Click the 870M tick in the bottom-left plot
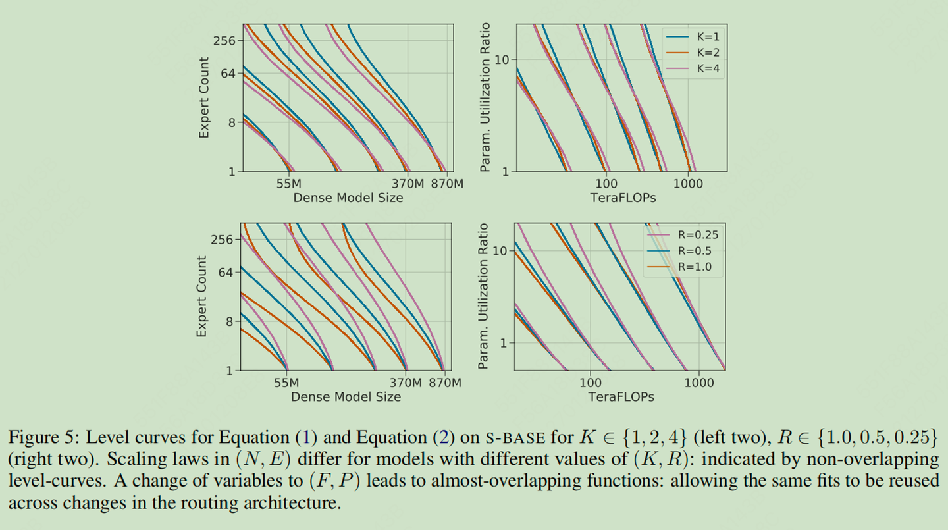click(444, 383)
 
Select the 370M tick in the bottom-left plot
click(404, 383)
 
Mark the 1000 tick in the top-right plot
click(689, 184)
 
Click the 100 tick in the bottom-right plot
click(591, 383)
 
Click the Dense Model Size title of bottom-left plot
click(346, 396)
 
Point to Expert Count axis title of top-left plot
click(204, 97)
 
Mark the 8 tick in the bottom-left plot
click(229, 321)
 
